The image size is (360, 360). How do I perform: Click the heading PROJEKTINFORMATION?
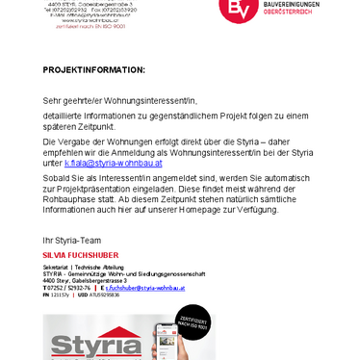pos(93,69)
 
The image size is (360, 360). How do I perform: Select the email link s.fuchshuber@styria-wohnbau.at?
pos(145,287)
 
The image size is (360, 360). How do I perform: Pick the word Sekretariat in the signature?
pos(56,266)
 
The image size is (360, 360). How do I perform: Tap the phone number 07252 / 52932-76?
pos(69,287)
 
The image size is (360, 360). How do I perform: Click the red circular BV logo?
pos(236,8)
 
